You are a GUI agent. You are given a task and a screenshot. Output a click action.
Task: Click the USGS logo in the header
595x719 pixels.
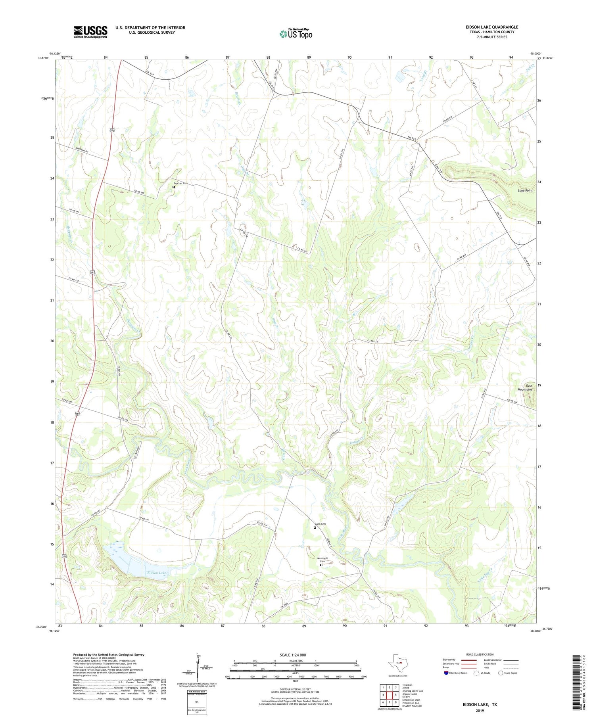(90, 32)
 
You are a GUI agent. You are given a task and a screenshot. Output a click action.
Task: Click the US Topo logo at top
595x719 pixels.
(296, 34)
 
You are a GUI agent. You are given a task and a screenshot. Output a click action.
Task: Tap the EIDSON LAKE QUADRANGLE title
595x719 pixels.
(491, 27)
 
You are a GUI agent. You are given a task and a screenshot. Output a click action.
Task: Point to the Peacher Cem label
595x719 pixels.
(180, 183)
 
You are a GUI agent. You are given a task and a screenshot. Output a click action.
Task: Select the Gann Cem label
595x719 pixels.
(320, 524)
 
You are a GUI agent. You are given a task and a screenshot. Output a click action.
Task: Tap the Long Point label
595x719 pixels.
(525, 190)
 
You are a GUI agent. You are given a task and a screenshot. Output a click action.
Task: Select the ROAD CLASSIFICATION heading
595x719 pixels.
(480, 654)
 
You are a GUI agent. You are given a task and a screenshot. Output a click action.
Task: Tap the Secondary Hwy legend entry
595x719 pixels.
(452, 663)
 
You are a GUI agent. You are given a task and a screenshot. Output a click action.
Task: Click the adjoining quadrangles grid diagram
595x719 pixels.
(389, 695)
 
